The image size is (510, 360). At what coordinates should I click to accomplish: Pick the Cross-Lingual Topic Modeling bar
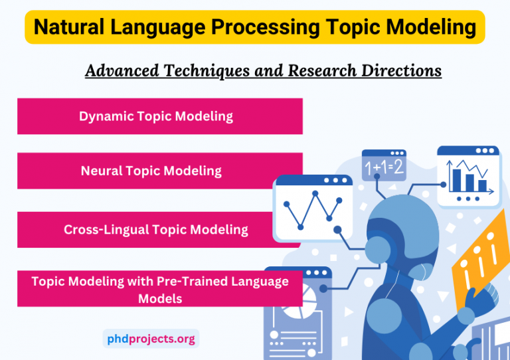[155, 230]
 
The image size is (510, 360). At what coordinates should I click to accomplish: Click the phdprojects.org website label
[151, 339]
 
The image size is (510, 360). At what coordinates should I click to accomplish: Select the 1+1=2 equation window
[383, 167]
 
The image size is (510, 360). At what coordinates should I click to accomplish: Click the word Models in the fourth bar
[159, 298]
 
